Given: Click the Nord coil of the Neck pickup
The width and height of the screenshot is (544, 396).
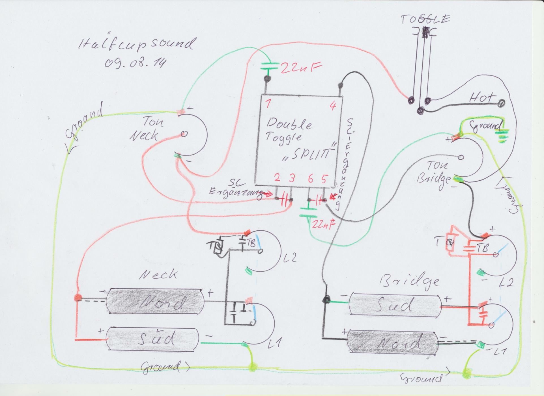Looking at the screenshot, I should (x=156, y=304).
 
